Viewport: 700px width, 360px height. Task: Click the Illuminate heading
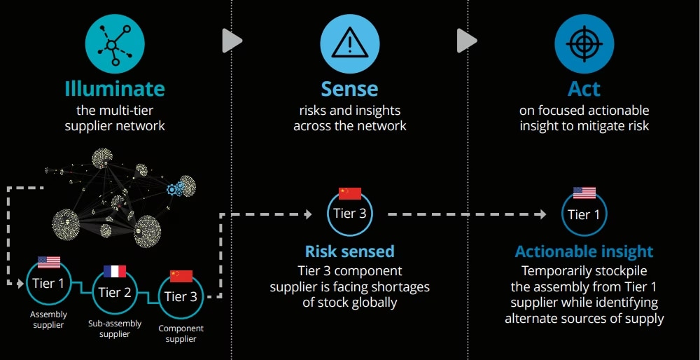pos(115,89)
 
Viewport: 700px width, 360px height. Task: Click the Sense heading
pos(349,89)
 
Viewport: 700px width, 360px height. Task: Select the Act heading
pos(584,89)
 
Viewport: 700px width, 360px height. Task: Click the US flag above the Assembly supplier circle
pos(49,262)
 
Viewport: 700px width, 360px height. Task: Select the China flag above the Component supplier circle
pos(181,276)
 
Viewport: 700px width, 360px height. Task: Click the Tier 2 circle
pos(115,292)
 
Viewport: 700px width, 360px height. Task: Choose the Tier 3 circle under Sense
pos(349,214)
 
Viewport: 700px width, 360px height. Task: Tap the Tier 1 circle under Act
pos(584,214)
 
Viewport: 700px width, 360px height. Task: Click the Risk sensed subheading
pos(349,251)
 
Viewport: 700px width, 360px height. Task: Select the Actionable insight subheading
pos(584,251)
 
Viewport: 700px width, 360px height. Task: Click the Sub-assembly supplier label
pos(115,328)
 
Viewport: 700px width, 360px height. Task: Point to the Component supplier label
pos(181,333)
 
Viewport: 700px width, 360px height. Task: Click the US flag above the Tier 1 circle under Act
pos(584,193)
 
